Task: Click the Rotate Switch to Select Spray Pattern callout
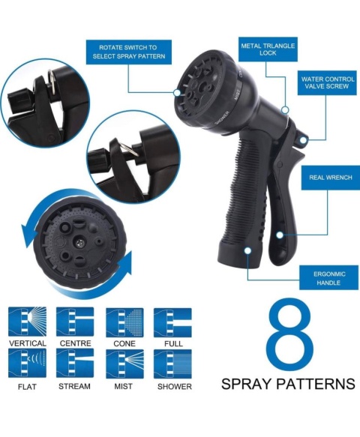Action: pos(128,52)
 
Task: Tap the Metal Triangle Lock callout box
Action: pos(268,49)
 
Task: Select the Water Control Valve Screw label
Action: pos(327,82)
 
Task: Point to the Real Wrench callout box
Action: pos(331,178)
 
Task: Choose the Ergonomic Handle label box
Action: pos(328,277)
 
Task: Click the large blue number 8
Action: pos(290,334)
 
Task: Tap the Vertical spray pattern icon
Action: pos(27,322)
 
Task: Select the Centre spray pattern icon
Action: pos(75,322)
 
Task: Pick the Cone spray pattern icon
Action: pos(124,322)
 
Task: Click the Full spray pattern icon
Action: pos(173,322)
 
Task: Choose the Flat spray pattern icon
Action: pos(27,364)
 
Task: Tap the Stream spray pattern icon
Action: pos(75,364)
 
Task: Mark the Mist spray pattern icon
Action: pos(124,364)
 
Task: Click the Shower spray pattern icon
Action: pos(173,364)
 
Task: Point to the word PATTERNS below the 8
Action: pos(316,384)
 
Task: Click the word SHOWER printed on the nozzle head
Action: pos(222,118)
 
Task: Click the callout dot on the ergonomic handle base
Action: pos(247,250)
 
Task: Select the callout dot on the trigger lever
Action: pos(280,235)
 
